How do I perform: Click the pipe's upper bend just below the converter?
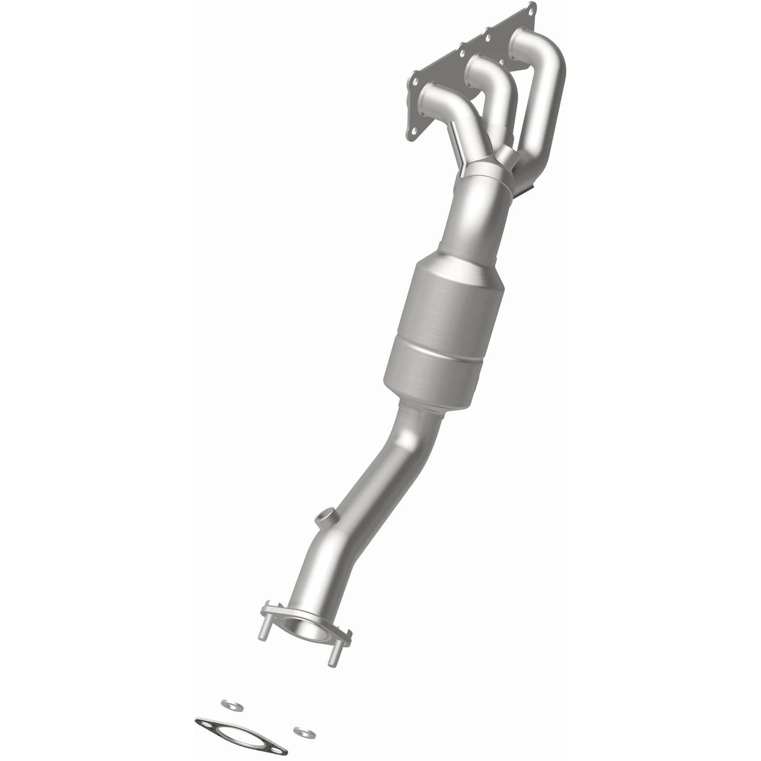point(406,437)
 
